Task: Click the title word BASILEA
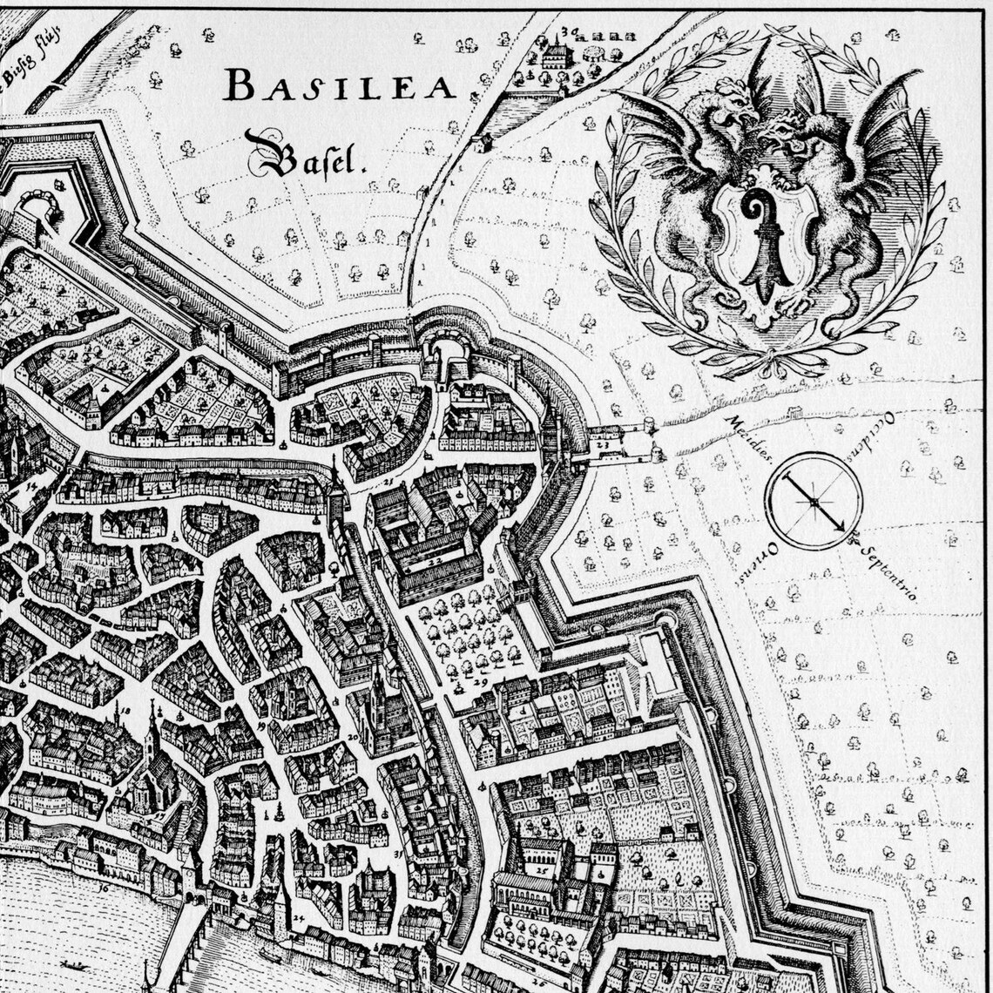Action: click(340, 86)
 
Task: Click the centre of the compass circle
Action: click(814, 502)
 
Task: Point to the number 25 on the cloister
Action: click(542, 868)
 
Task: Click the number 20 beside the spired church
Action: click(353, 737)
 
